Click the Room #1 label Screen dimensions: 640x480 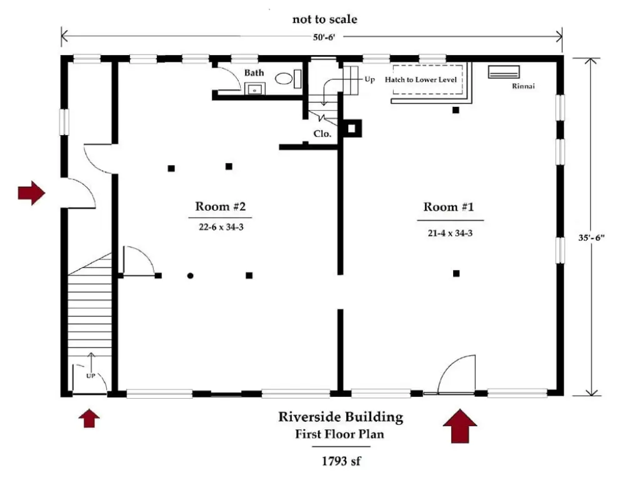click(449, 207)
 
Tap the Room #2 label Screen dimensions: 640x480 click(221, 206)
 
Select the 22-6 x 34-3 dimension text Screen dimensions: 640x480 click(221, 227)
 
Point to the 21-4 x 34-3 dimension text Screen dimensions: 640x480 click(450, 233)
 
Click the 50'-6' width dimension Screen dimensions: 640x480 click(324, 37)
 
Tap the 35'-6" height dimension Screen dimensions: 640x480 click(591, 237)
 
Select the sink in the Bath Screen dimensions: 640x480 click(255, 89)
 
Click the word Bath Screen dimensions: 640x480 click(254, 72)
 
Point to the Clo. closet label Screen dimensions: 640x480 click(322, 134)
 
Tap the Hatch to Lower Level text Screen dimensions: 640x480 click(421, 79)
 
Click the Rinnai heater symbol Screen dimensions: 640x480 click(504, 72)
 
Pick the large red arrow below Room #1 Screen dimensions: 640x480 click(460, 426)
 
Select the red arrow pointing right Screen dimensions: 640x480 click(31, 192)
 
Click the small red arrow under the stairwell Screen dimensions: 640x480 click(89, 418)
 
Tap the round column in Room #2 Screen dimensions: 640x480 click(190, 276)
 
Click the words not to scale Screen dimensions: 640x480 click(325, 19)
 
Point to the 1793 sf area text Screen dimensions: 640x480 click(341, 461)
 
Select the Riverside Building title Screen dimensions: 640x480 click(341, 417)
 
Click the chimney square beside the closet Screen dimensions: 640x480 click(351, 129)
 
